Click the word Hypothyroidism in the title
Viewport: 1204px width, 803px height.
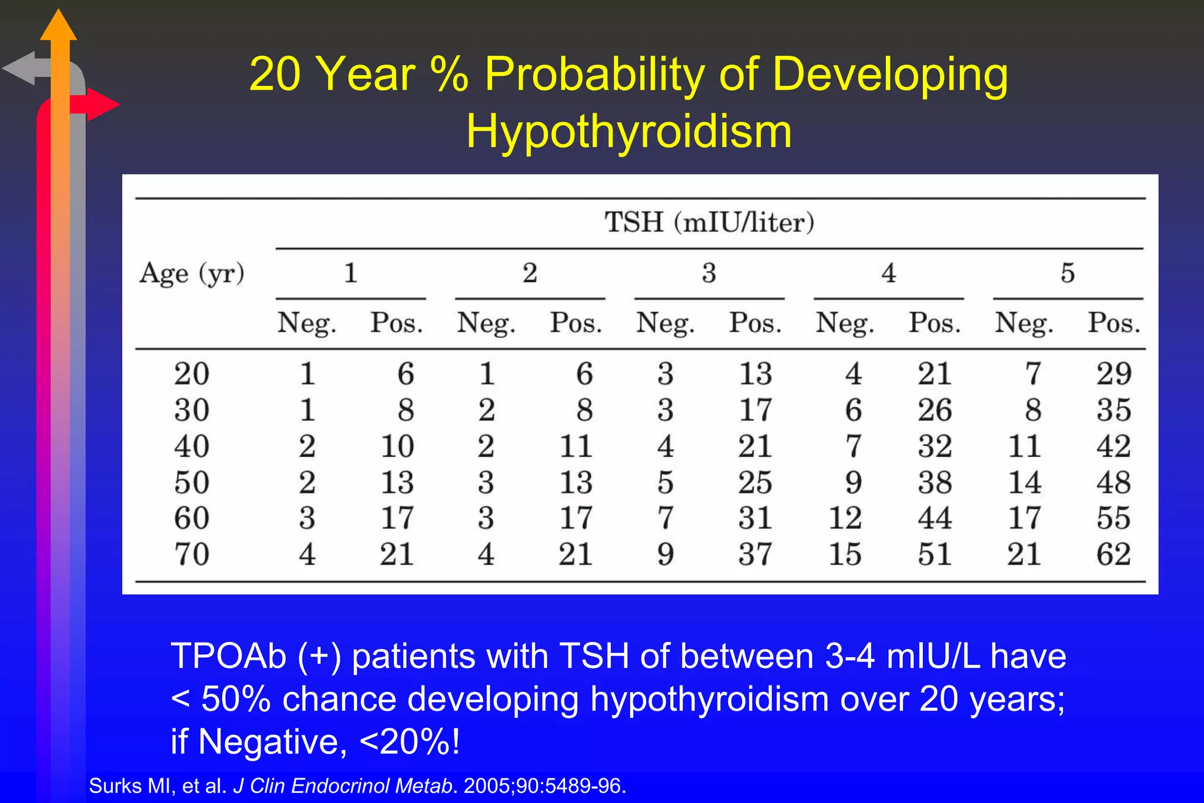click(628, 132)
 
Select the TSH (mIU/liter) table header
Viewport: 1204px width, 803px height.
click(709, 223)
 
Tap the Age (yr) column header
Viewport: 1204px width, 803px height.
click(192, 274)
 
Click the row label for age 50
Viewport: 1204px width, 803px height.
click(192, 483)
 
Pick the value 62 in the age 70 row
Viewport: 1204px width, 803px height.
click(1113, 554)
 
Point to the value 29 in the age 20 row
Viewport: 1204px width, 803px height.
click(1113, 374)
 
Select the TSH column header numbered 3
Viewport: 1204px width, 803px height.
click(709, 273)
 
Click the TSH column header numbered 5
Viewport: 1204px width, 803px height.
click(1068, 273)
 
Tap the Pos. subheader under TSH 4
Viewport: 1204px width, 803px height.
click(935, 323)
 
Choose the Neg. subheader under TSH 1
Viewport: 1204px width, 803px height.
click(306, 323)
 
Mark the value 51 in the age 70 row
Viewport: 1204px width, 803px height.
click(935, 554)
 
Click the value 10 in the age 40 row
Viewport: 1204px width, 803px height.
click(397, 446)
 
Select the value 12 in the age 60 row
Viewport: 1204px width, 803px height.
click(845, 518)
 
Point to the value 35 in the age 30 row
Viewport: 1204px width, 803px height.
click(1113, 410)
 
